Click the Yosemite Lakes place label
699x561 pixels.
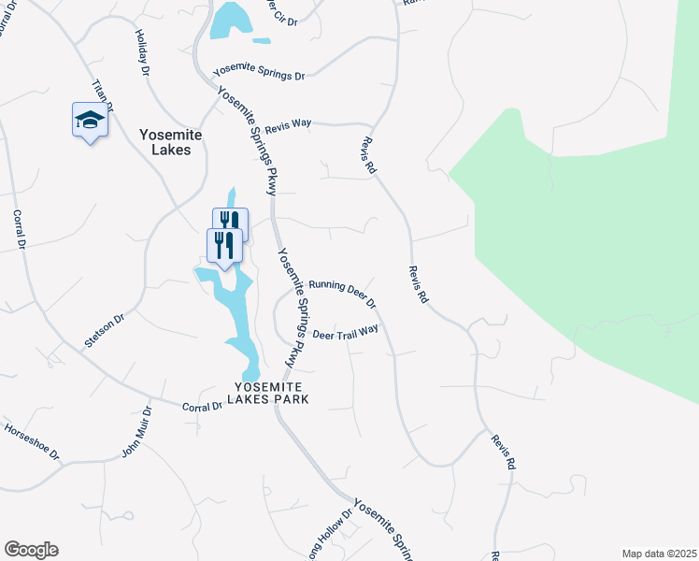pyautogui.click(x=164, y=141)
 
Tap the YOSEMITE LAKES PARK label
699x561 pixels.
pyautogui.click(x=271, y=393)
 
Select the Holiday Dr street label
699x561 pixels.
pyautogui.click(x=143, y=57)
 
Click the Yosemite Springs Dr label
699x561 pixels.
pyautogui.click(x=259, y=72)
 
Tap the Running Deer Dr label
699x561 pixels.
pyautogui.click(x=342, y=293)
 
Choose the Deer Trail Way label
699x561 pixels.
pyautogui.click(x=346, y=332)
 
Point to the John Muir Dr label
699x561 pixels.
pyautogui.click(x=136, y=432)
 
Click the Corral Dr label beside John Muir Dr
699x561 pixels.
pyautogui.click(x=203, y=407)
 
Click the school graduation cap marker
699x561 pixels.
pyautogui.click(x=90, y=121)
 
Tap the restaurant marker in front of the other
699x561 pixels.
pyautogui.click(x=223, y=246)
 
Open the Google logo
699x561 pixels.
pyautogui.click(x=32, y=550)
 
